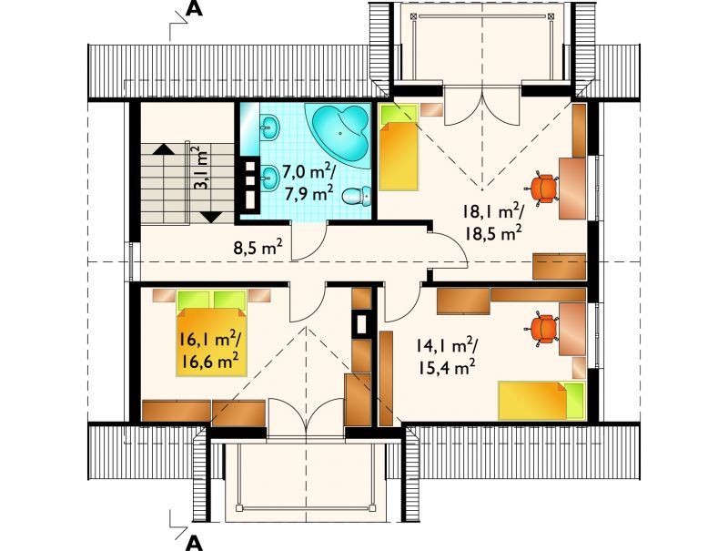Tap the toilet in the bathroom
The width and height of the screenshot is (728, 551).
[358, 196]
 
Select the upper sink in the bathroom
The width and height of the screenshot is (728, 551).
[269, 128]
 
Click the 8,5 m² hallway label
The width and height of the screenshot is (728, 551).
[258, 248]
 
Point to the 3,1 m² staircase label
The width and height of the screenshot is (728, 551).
[200, 168]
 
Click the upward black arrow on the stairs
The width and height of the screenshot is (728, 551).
[163, 148]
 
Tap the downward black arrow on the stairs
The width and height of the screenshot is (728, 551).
[212, 217]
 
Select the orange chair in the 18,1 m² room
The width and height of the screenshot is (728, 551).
[542, 188]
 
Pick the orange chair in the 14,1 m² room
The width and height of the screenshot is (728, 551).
[542, 330]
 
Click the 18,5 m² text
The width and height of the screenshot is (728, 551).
[491, 233]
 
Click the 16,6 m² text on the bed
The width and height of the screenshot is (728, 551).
[209, 361]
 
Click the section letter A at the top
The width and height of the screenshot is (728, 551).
[194, 9]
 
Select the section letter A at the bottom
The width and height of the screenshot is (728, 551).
[194, 542]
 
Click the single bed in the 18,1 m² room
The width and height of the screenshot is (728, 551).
[399, 148]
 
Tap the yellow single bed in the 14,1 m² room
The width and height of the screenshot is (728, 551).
[541, 401]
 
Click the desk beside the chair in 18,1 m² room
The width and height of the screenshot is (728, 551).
[572, 189]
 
